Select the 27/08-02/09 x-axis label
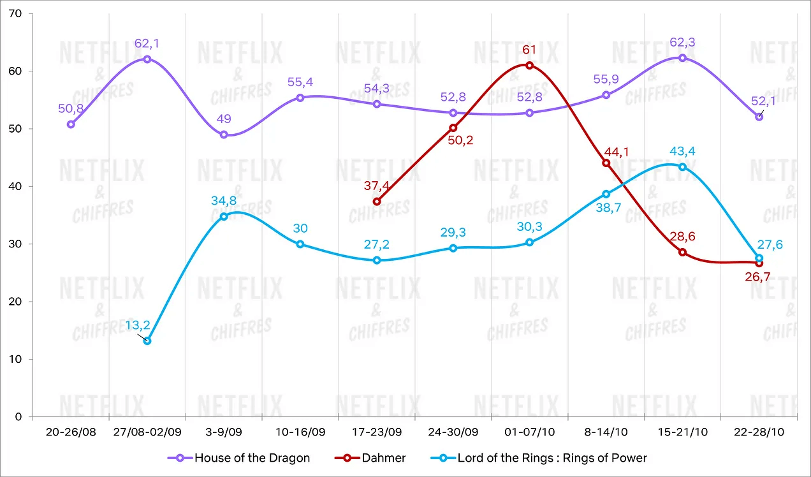point(147,432)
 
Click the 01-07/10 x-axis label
point(529,432)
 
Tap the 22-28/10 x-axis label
point(759,432)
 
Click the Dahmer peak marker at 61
point(529,65)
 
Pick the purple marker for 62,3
point(682,58)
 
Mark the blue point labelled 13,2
point(147,341)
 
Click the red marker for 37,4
point(377,202)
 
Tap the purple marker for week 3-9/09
point(224,135)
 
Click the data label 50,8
point(70,109)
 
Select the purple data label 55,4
point(300,83)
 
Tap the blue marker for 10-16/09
point(300,244)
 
